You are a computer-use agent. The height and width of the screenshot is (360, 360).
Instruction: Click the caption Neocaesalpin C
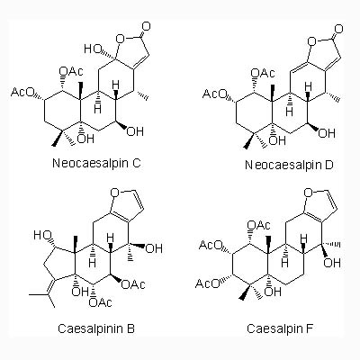coord(96,163)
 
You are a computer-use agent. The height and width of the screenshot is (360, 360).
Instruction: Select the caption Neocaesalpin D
coord(289,165)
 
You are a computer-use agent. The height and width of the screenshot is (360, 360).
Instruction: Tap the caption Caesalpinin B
coord(96,328)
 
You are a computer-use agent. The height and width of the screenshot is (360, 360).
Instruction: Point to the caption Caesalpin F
coord(280,328)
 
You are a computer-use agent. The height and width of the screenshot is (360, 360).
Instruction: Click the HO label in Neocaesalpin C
coord(93,49)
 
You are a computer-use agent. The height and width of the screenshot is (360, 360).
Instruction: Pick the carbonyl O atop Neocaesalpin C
coord(146,26)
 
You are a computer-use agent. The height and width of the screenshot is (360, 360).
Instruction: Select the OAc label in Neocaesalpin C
coord(71,71)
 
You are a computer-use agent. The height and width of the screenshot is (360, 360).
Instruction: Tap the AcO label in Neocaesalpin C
coord(22,92)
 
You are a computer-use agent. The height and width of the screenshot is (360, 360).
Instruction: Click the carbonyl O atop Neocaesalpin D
coord(338,29)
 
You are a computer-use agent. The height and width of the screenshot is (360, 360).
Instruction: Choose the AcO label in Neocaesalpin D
coord(214,94)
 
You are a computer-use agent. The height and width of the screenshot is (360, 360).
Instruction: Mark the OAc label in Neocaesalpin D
coord(263,73)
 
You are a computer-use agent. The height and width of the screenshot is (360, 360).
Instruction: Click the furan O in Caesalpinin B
coord(115,193)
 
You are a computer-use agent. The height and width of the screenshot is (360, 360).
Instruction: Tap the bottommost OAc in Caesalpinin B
coord(101,302)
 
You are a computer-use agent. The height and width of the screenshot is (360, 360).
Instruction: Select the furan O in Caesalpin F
coord(309,193)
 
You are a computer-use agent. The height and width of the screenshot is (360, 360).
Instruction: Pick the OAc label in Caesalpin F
coord(258,225)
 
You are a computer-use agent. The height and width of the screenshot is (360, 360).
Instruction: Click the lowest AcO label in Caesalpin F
coord(207,283)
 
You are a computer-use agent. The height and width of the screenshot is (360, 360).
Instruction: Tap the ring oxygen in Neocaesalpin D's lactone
coord(312,40)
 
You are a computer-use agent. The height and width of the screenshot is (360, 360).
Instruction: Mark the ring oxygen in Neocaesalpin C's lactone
coord(121,38)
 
